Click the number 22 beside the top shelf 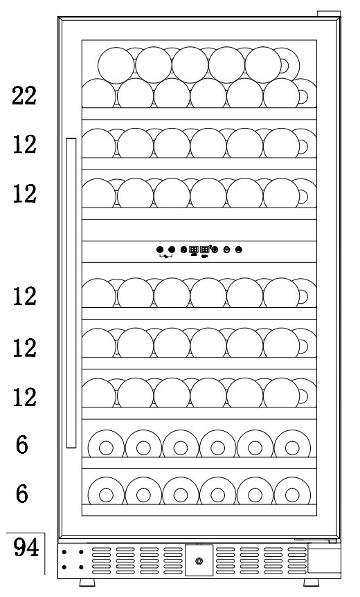(24, 95)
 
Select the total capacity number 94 (26, 548)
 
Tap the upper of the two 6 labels (22, 444)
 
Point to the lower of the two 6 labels (22, 493)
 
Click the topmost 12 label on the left (24, 145)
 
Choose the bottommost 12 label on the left (24, 397)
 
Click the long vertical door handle (71, 293)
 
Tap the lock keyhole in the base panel (199, 561)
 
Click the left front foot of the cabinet (87, 582)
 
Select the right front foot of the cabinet (312, 582)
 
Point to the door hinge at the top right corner (329, 14)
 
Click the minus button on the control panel (226, 250)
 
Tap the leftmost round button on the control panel (160, 250)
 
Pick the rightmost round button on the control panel (238, 250)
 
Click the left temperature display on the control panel (193, 250)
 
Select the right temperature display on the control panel (204, 250)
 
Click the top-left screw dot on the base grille (64, 552)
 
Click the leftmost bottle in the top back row (116, 65)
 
